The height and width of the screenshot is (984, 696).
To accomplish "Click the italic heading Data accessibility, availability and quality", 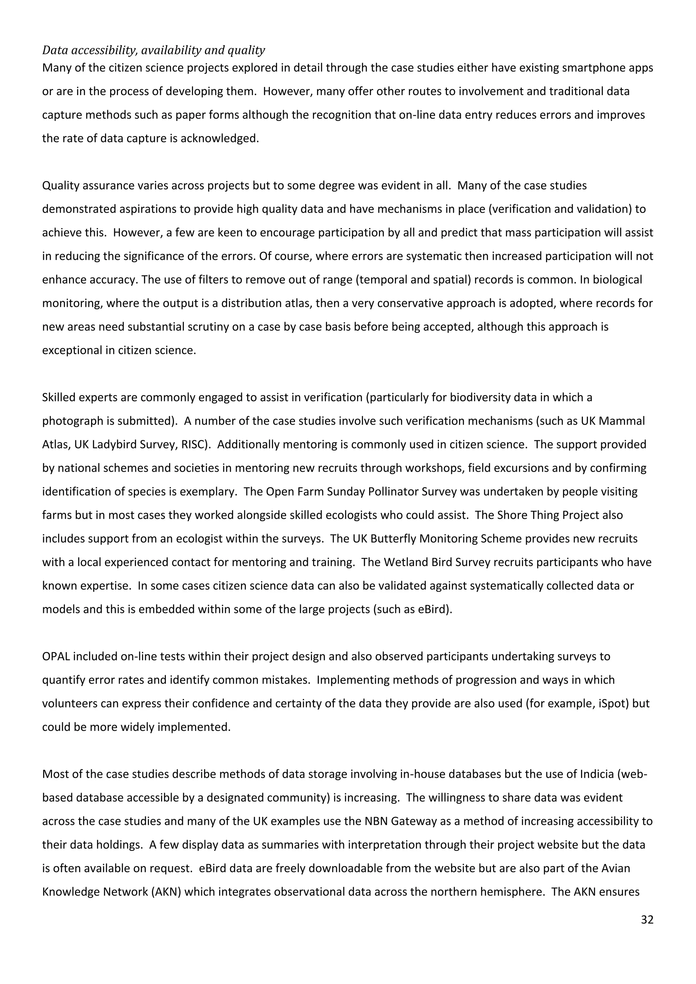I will pos(153,50).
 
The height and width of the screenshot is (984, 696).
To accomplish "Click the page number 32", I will pos(647,920).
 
